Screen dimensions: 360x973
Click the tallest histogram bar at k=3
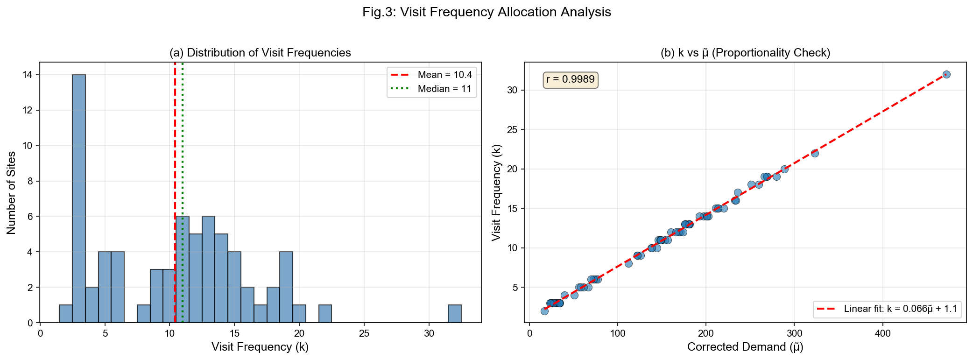tap(79, 198)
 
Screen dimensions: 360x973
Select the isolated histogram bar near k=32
tap(454, 314)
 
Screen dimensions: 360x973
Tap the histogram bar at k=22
tap(325, 314)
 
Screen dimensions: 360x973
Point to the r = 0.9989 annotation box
tap(570, 79)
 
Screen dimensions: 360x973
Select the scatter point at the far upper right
tap(946, 74)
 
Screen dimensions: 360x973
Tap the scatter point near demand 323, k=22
tap(815, 153)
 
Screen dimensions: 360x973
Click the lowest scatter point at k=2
tap(544, 311)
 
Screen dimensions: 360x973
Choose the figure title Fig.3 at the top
tap(486, 12)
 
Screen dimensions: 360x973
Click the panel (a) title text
tap(260, 53)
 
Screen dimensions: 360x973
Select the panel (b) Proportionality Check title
tap(745, 53)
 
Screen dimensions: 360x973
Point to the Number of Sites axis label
tap(11, 192)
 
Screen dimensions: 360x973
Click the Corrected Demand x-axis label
tap(745, 347)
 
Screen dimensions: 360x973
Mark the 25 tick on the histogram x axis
tap(364, 333)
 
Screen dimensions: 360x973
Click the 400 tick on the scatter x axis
tap(882, 333)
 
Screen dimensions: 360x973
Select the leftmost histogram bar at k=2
tap(66, 314)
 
